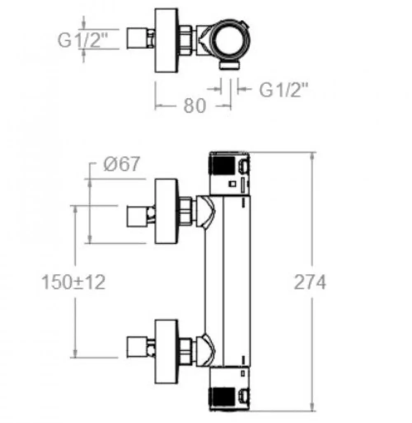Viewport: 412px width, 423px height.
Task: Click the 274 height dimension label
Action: coord(309,282)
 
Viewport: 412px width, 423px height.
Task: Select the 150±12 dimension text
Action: coord(74,282)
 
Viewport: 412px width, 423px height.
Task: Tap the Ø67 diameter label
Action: coord(121,165)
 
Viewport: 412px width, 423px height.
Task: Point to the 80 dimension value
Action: coord(194,106)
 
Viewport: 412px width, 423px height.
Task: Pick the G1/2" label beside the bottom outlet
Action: coord(284,90)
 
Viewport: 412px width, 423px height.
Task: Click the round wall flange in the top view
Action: coord(166,40)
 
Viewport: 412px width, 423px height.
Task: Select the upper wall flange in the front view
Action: coord(166,211)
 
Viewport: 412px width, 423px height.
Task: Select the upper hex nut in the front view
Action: coord(186,211)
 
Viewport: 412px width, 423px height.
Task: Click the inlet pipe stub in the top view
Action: coord(138,39)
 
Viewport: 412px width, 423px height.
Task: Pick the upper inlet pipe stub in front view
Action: coord(138,215)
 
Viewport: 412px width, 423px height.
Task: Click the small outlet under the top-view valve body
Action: coord(230,65)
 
